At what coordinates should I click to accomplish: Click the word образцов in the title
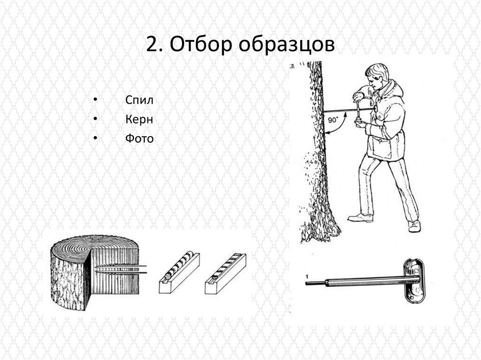[x=287, y=45]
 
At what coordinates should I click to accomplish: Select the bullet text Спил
[x=139, y=100]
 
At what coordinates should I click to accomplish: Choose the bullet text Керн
[x=139, y=119]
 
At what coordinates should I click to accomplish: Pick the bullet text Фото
[x=139, y=138]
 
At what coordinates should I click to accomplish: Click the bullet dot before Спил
[x=95, y=100]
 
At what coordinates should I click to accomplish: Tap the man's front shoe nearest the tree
[x=360, y=218]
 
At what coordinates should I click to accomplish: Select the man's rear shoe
[x=414, y=226]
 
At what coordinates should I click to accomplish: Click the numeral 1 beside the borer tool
[x=307, y=277]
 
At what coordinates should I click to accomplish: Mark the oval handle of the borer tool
[x=413, y=280]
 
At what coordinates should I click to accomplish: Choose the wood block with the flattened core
[x=225, y=273]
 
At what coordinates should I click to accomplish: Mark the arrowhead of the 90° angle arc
[x=345, y=115]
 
